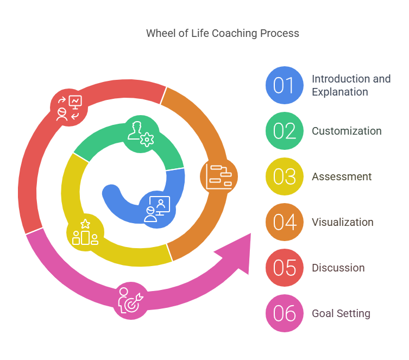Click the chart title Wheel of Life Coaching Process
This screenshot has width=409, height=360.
222,33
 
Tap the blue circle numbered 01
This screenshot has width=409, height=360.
284,85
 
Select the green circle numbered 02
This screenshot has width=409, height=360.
284,131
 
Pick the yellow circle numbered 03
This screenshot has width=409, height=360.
284,176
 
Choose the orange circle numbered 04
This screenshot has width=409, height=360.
284,222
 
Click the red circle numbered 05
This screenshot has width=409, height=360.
284,268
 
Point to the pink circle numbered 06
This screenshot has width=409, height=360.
284,313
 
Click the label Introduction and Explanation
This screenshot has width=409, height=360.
351,85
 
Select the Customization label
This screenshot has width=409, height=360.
347,131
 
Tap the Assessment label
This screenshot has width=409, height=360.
342,176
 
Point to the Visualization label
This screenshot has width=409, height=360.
343,222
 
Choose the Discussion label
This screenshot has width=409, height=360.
338,268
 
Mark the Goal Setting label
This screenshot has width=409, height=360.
341,313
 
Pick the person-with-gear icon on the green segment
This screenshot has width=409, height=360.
141,132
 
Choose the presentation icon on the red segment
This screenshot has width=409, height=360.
69,107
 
